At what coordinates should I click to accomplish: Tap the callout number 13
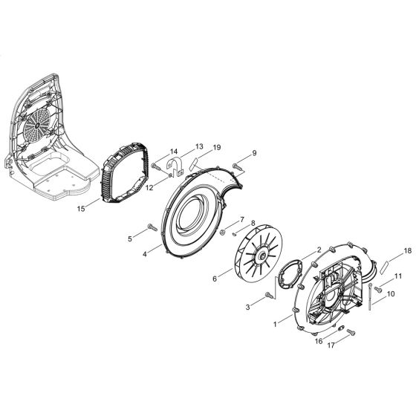(x=178, y=146)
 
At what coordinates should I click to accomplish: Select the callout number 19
(x=217, y=148)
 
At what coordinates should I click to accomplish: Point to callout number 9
(x=254, y=153)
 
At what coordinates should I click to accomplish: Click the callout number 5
(x=129, y=238)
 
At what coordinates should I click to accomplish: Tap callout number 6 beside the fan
(x=193, y=279)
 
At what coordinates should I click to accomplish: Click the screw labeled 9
(x=238, y=163)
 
